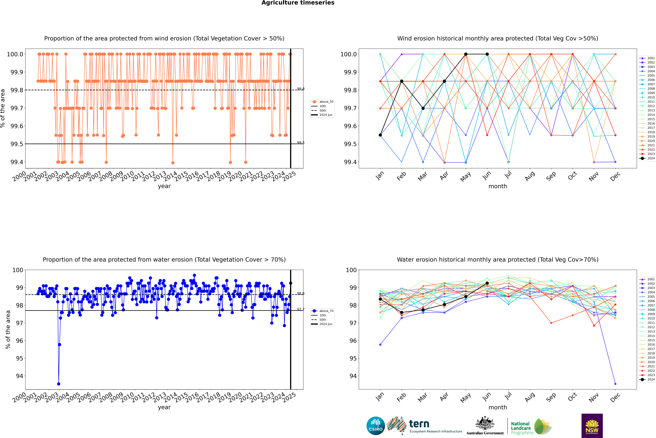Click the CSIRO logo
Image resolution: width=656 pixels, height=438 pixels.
pos(376,426)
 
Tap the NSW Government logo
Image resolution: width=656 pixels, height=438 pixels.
pos(592,426)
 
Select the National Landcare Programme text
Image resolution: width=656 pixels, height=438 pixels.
pos(521,428)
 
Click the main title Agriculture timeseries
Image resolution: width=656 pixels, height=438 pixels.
pos(298,3)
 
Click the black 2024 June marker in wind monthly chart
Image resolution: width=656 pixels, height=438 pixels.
pos(487,54)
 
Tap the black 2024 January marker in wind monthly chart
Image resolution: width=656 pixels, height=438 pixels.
pos(380,135)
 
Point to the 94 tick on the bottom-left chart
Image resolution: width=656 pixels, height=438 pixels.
pos(20,376)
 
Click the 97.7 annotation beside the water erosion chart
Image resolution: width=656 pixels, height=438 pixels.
pos(301,309)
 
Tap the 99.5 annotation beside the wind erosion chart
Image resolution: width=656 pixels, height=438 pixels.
pos(301,143)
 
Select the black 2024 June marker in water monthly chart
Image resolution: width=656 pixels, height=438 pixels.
pos(487,283)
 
